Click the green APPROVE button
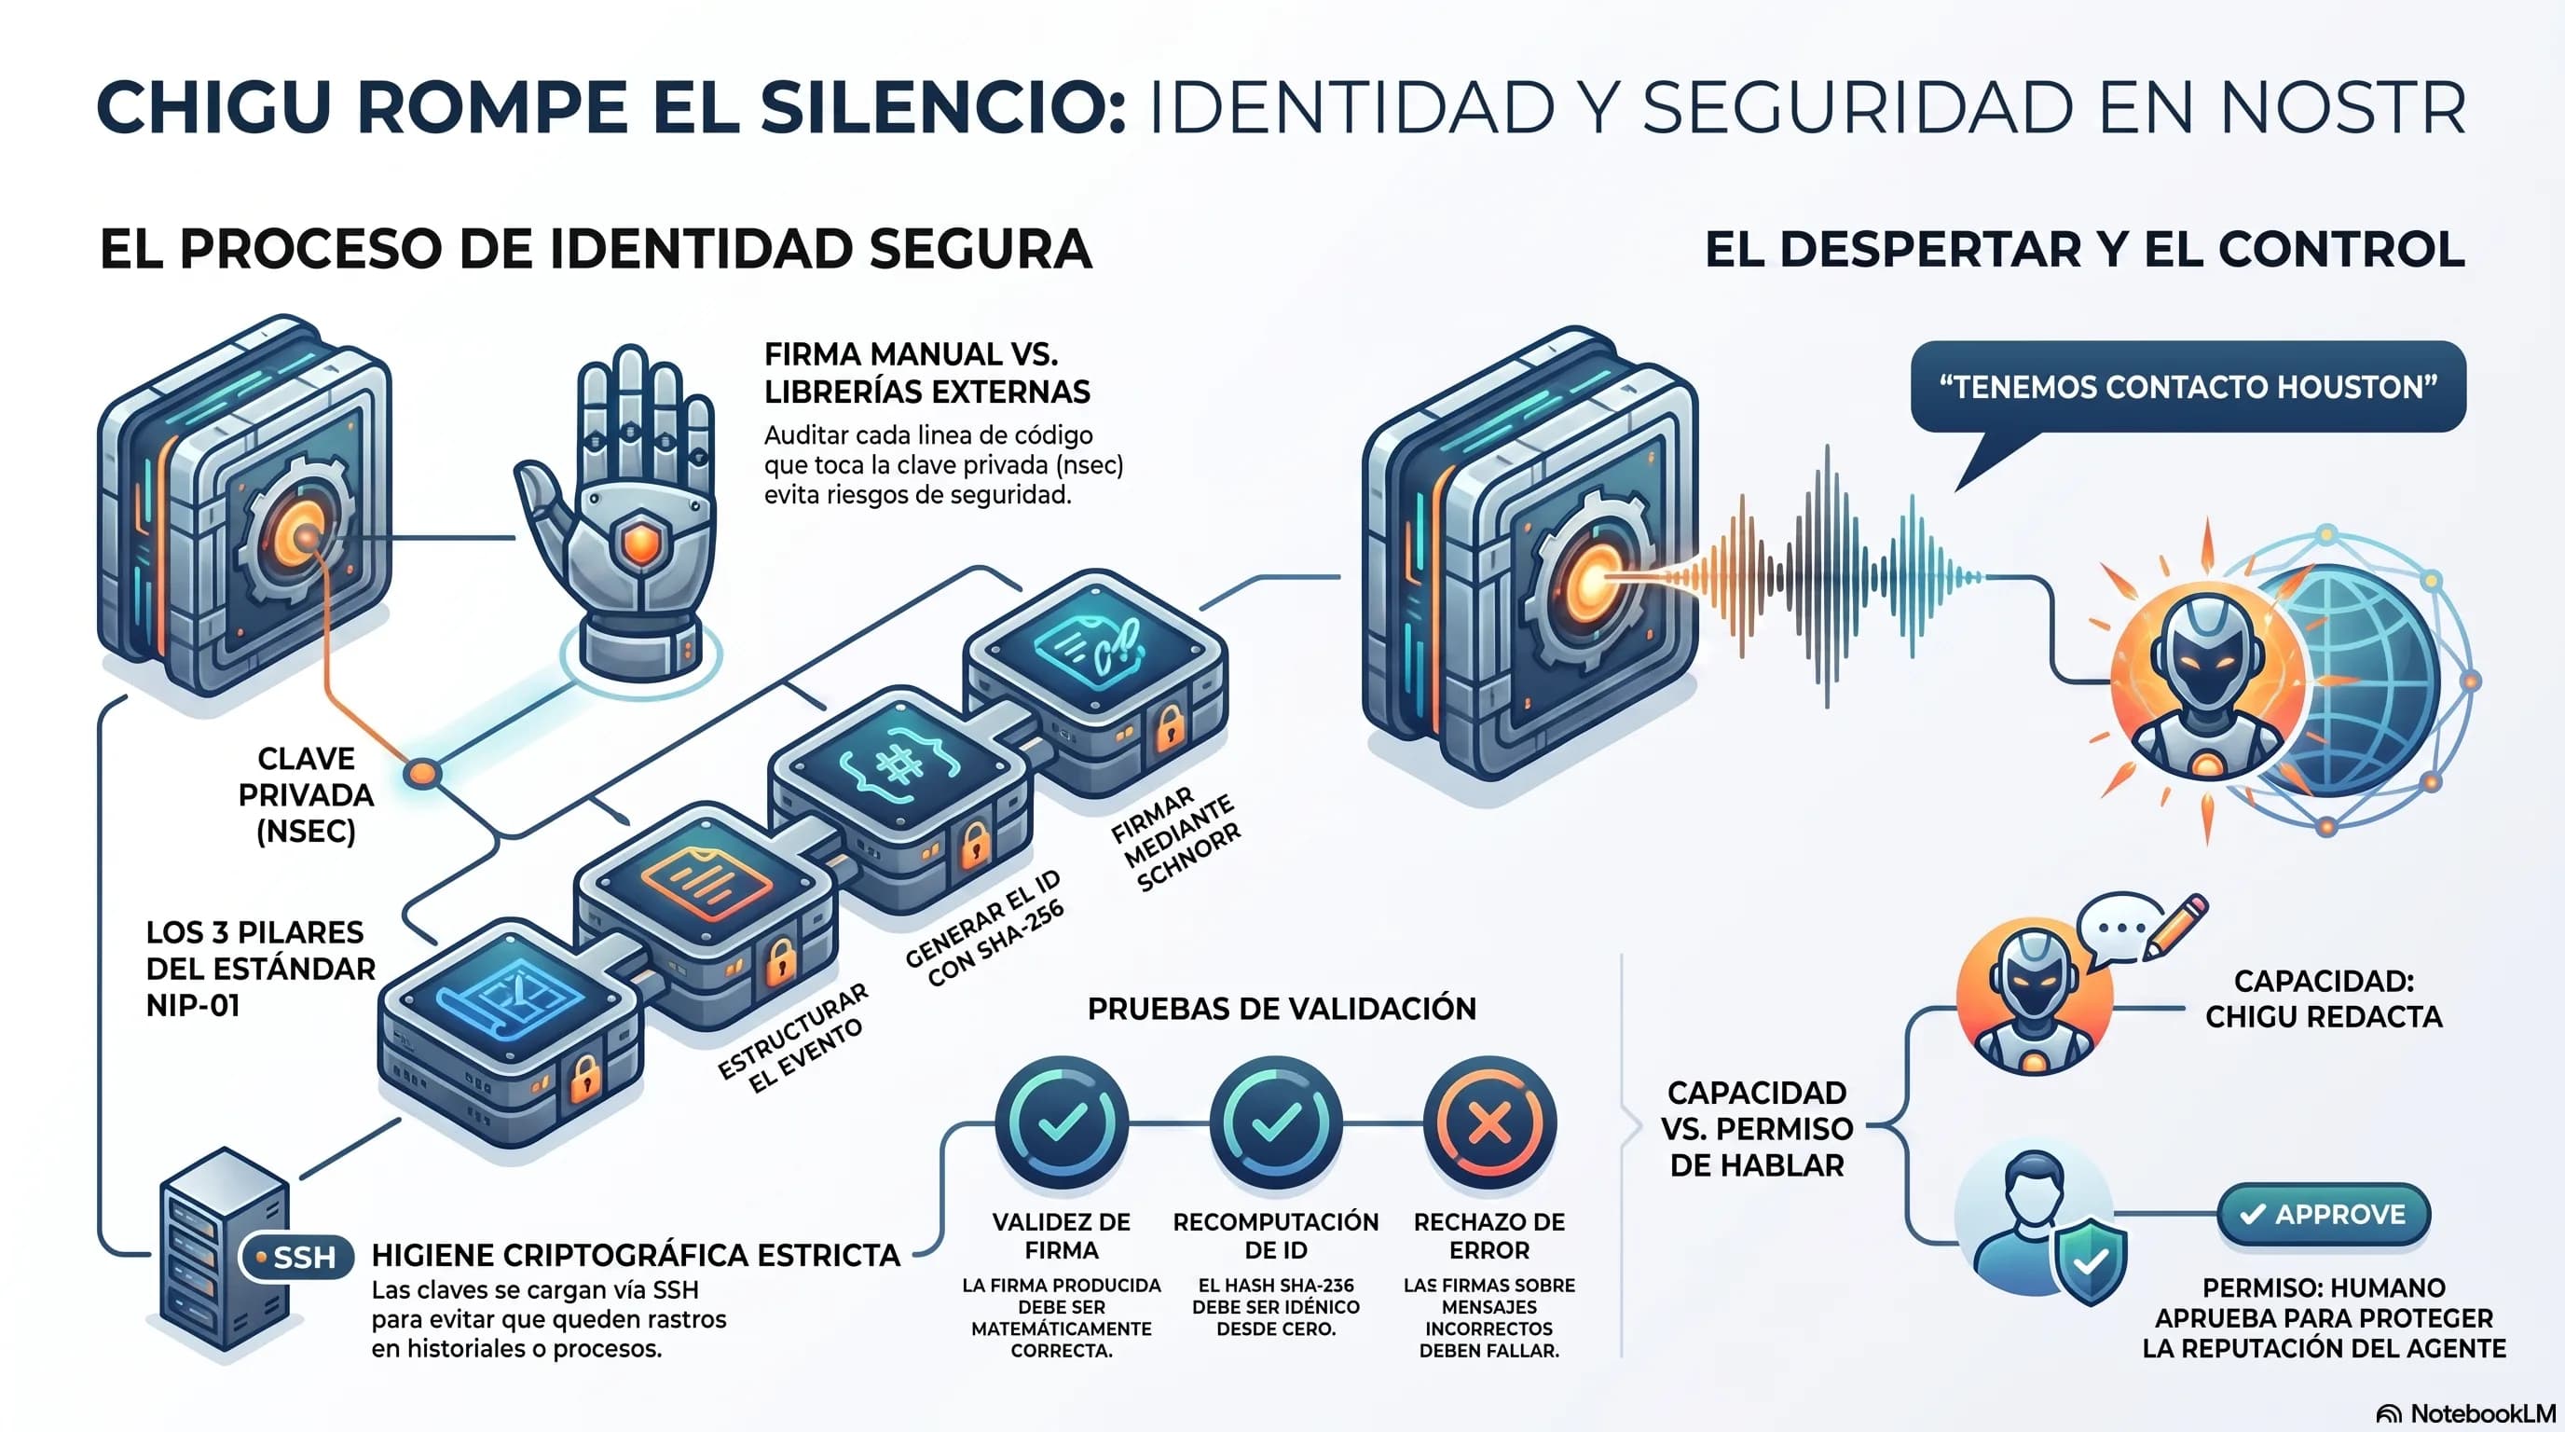pos(2324,1214)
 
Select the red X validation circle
pos(1489,1123)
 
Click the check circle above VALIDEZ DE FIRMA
pos(1062,1123)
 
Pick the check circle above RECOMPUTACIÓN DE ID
pos(1276,1123)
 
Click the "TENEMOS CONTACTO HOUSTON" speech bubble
pos(2188,388)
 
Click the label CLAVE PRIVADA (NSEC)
pos(306,794)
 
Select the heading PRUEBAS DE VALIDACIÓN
pos(1282,1009)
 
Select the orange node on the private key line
pos(422,773)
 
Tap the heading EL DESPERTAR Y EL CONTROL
pos(2085,249)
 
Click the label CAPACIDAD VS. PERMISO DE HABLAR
pos(1757,1128)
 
